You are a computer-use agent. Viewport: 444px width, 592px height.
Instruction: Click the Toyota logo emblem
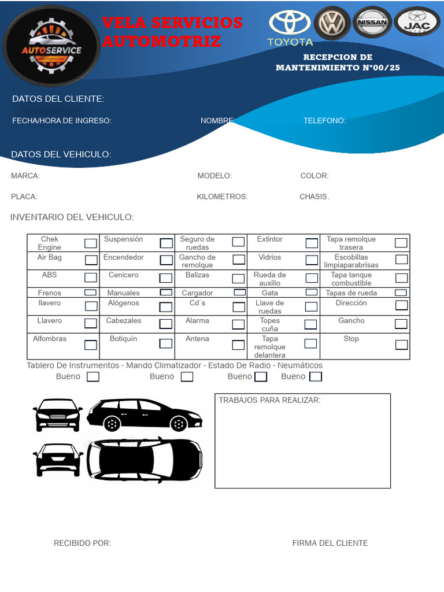point(290,24)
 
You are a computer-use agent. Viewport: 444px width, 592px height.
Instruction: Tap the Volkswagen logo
point(332,24)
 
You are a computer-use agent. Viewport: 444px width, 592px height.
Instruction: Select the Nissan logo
point(372,23)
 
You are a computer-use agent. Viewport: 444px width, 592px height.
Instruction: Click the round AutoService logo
point(51,46)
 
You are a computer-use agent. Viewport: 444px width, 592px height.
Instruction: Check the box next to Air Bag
point(91,260)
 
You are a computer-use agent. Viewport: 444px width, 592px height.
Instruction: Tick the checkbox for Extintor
point(312,243)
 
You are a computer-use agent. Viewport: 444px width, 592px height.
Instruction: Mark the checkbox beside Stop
point(401,345)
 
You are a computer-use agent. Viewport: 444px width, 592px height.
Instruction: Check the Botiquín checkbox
point(166,343)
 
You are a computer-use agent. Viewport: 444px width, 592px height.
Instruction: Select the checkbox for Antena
point(238,345)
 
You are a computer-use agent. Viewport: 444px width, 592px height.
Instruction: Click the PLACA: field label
point(24,197)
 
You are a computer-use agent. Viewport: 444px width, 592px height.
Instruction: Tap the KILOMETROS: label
point(222,197)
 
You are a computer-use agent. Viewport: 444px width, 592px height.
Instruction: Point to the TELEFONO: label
point(325,121)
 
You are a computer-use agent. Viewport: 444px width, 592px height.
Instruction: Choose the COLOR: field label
point(314,176)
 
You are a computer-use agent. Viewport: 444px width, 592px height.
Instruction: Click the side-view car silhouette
point(145,415)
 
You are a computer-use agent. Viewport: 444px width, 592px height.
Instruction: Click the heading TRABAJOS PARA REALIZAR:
point(269,400)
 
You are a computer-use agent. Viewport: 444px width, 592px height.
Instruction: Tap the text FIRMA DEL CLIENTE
point(330,543)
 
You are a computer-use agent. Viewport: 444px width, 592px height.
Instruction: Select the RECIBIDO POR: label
point(82,543)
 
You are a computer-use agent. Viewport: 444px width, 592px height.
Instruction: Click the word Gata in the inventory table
point(269,293)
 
